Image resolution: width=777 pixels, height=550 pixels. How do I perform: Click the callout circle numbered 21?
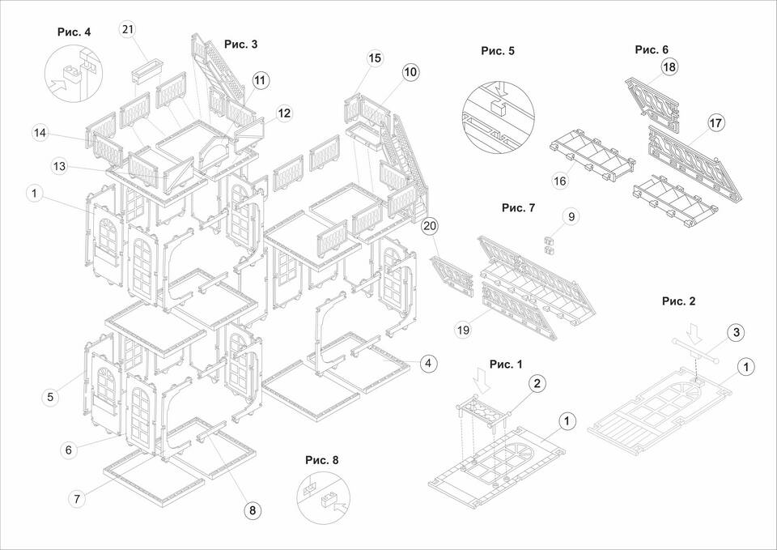(x=128, y=30)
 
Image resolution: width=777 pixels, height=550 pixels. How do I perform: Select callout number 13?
(x=59, y=166)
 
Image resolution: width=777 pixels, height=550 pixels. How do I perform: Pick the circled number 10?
(x=410, y=72)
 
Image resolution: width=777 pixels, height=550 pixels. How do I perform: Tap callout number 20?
(x=430, y=226)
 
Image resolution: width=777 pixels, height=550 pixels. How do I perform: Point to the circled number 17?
(x=715, y=123)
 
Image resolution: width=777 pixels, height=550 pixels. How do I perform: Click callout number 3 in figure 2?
(x=736, y=332)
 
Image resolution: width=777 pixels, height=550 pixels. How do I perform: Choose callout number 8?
(x=252, y=510)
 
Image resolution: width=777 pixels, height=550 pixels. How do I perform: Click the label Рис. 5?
(x=498, y=50)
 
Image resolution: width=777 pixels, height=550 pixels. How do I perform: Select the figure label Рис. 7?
(x=518, y=207)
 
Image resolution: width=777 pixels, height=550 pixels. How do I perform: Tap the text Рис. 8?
(x=321, y=460)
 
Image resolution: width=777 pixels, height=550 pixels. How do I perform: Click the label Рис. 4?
(x=74, y=32)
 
